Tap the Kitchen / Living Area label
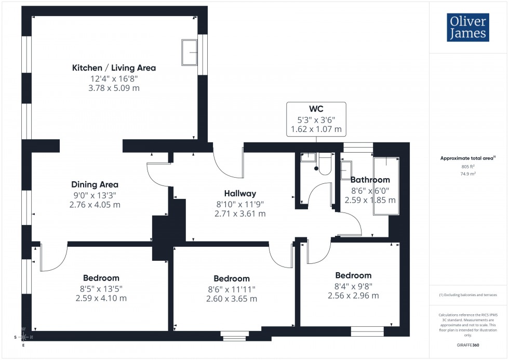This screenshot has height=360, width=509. coord(114,68)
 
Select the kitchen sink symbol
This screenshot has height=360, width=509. coord(189,52)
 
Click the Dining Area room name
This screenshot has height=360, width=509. coord(95,184)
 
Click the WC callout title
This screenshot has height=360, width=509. coord(316,110)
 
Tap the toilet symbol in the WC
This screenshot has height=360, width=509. coord(325,164)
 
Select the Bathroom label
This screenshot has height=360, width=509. coord(370,180)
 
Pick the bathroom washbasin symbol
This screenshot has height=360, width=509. coord(346,169)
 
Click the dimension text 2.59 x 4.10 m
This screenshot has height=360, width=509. coord(101,298)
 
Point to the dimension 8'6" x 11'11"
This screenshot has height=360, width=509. coord(232,289)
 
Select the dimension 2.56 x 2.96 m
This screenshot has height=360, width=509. coord(353,296)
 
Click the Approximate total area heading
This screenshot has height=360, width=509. coord(468,158)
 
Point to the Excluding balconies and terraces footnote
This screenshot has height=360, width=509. coord(468,295)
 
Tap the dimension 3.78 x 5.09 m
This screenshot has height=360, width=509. coord(114,88)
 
